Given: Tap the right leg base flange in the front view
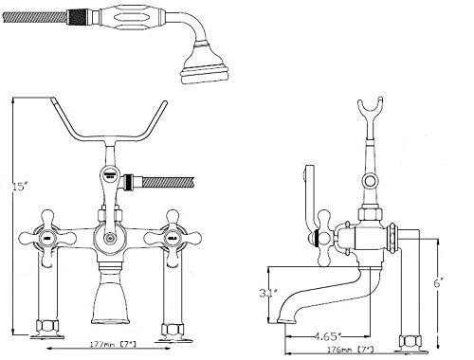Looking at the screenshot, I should click(x=174, y=331).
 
